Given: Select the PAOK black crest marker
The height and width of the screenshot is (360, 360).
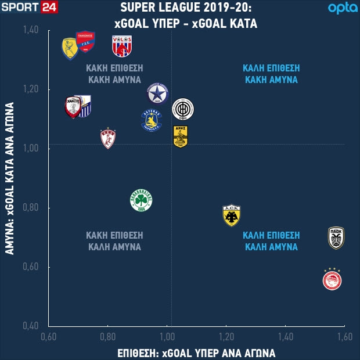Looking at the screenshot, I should click(x=336, y=238).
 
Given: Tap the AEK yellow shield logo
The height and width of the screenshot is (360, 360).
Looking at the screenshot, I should click(x=232, y=215).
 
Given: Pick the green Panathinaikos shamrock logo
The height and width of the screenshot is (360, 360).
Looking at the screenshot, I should click(x=141, y=201).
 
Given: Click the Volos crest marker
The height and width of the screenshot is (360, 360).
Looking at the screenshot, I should click(x=122, y=46).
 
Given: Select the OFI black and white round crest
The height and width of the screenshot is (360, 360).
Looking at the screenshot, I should click(x=183, y=109).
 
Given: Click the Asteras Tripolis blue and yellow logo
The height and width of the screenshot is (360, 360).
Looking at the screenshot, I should click(x=152, y=120).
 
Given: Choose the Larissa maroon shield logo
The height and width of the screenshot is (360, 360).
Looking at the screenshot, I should click(x=109, y=138).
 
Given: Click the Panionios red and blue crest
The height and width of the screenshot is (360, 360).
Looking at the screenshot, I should click(x=85, y=42).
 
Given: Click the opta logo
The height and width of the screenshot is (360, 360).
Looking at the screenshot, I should click(x=343, y=8).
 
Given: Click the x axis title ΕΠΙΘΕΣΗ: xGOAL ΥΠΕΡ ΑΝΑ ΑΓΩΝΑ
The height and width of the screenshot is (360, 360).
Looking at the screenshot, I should click(x=196, y=352).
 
